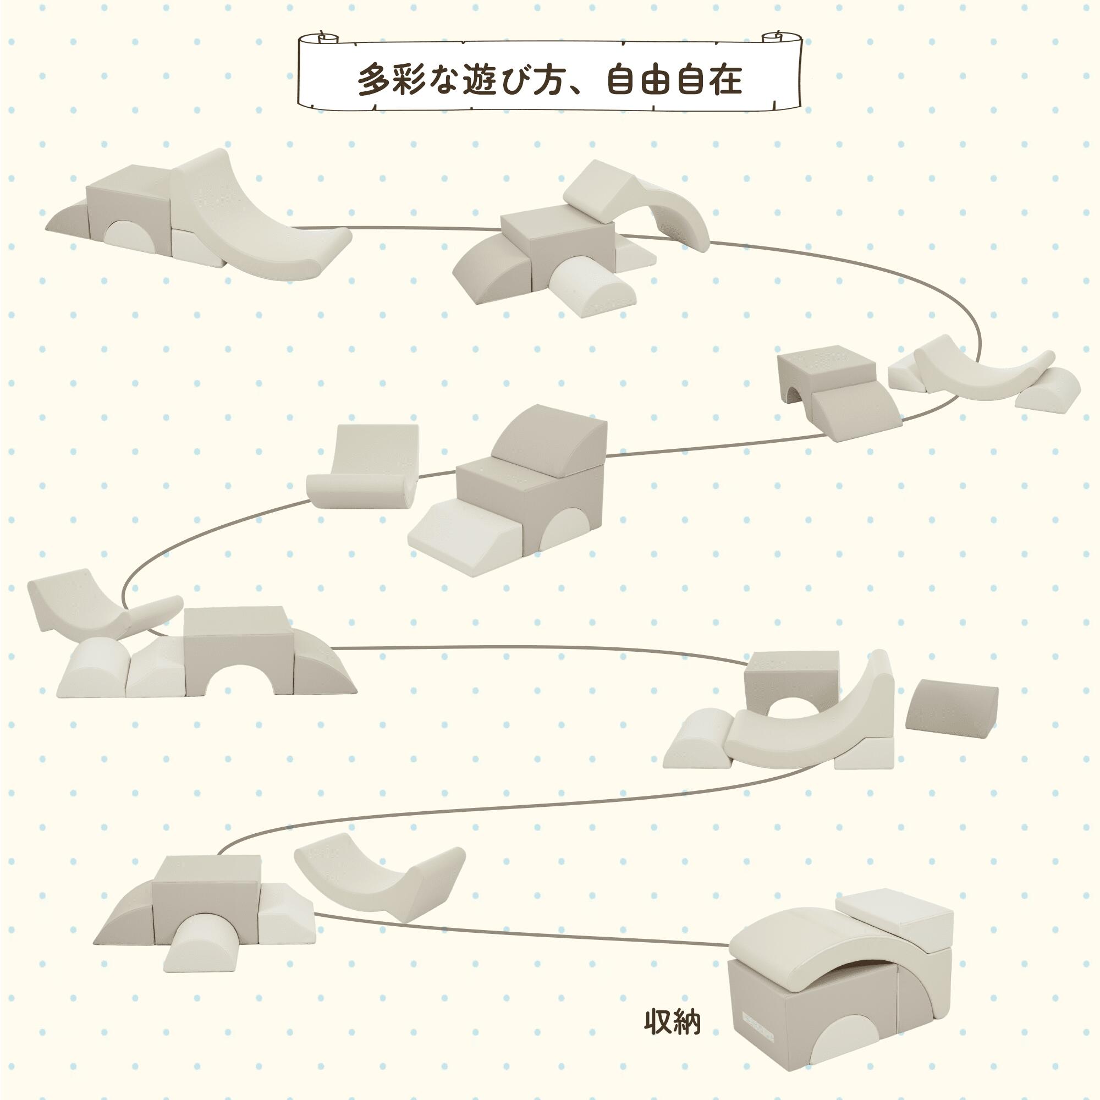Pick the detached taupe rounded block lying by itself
(x=952, y=704)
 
